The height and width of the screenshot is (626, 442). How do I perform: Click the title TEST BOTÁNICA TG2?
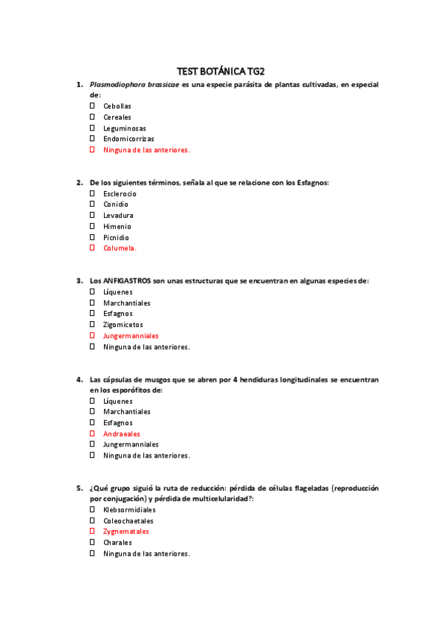coord(221,71)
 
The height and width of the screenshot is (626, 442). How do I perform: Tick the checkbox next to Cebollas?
coord(92,106)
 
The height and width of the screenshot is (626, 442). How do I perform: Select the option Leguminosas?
coord(124,128)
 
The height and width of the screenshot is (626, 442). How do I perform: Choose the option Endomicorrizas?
coord(128,139)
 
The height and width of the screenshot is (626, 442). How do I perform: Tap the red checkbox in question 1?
coord(92,150)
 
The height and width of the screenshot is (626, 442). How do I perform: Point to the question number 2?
coord(79,182)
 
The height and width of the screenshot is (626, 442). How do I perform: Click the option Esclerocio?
coord(120,194)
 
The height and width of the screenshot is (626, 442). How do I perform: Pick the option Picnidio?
coord(116,238)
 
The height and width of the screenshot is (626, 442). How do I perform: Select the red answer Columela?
coord(120,249)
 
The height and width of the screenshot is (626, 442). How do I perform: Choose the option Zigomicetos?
coord(123,325)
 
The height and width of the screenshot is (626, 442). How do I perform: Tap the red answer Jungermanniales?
coord(131,336)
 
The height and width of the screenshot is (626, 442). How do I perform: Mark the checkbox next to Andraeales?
coord(92,434)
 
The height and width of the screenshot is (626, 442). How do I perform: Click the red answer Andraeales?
coord(122,434)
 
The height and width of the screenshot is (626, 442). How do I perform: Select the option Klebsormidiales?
coord(129,510)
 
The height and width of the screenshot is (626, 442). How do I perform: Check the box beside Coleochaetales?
coord(92,520)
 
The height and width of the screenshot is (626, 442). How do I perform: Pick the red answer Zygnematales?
coord(125,532)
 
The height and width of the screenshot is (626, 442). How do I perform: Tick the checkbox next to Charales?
coord(92,543)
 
